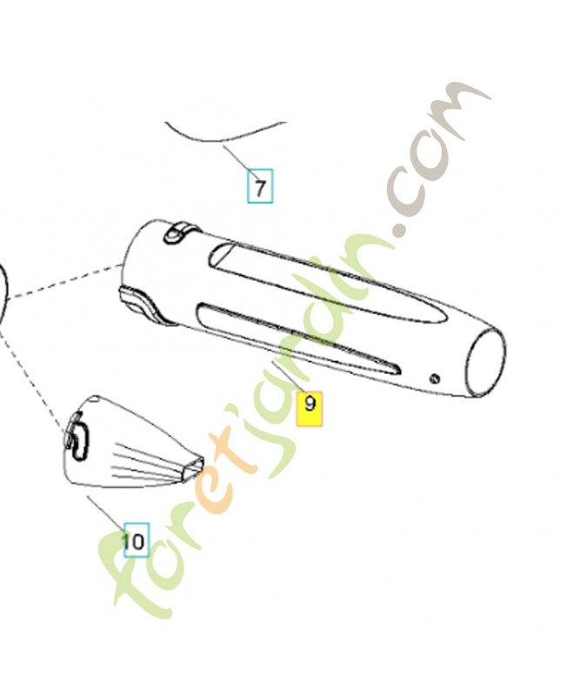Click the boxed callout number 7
point(260,186)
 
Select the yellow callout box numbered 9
point(310,409)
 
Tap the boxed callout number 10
point(137,539)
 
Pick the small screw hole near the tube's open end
point(435,378)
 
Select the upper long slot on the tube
point(329,284)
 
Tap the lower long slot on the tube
point(299,338)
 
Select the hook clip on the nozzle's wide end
point(78,438)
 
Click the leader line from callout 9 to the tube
point(289,378)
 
